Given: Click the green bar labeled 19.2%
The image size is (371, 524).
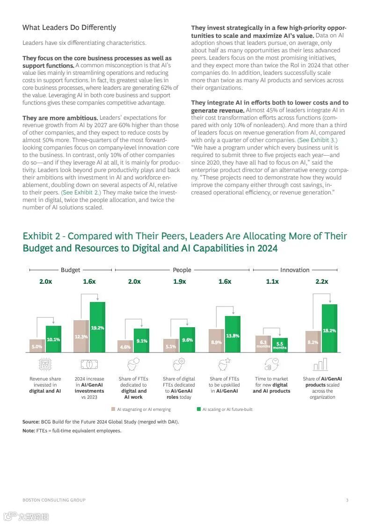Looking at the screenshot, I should pyautogui.click(x=97, y=327).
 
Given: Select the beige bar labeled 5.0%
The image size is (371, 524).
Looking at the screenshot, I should pyautogui.click(x=37, y=346).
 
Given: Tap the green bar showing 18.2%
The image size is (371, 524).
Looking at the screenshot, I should pyautogui.click(x=329, y=328).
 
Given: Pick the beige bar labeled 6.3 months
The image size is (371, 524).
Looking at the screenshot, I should pyautogui.click(x=263, y=344).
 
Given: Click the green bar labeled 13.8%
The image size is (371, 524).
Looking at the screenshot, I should pyautogui.click(x=233, y=334).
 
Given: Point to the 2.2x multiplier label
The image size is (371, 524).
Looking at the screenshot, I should pyautogui.click(x=322, y=281).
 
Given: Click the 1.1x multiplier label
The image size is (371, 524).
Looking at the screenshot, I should pyautogui.click(x=272, y=281).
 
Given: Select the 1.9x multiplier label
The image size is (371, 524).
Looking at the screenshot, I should pyautogui.click(x=180, y=281).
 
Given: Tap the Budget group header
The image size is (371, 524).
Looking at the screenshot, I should pyautogui.click(x=70, y=270).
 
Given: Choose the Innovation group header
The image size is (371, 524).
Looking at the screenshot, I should pyautogui.click(x=295, y=270).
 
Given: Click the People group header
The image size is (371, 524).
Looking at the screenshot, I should pyautogui.click(x=182, y=270).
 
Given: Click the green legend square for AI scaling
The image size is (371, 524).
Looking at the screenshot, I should pyautogui.click(x=198, y=409).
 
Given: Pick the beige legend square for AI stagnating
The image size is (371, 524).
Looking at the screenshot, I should pyautogui.click(x=113, y=409).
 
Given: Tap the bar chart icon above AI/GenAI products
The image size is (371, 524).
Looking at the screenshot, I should pyautogui.click(x=320, y=364).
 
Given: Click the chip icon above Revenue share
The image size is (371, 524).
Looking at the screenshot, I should pyautogui.click(x=45, y=364).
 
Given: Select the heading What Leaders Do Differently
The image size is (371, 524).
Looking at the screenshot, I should pyautogui.click(x=69, y=28).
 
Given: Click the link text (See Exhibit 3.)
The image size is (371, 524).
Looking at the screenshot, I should pyautogui.click(x=317, y=140).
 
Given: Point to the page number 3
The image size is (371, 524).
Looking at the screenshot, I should pyautogui.click(x=347, y=500).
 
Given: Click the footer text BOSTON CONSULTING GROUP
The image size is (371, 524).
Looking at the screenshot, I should pyautogui.click(x=54, y=500).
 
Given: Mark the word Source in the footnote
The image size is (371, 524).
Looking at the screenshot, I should pyautogui.click(x=30, y=422).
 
